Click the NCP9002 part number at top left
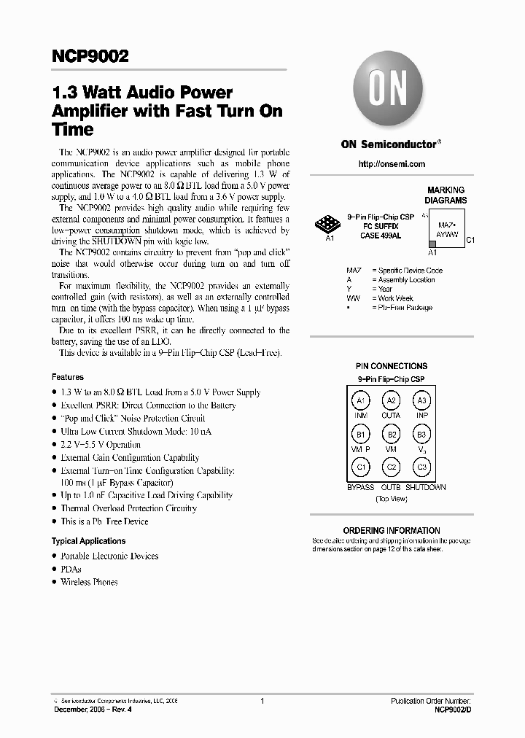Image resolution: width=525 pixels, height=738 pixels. point(90,56)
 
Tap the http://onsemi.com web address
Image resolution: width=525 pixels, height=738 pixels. point(392,164)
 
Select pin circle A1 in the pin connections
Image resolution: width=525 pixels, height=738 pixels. point(360,400)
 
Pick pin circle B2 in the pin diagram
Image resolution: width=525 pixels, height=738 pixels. point(392,435)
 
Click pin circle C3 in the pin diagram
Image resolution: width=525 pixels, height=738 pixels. point(421,467)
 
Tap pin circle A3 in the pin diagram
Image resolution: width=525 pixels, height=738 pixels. point(421,400)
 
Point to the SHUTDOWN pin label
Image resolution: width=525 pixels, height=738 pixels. point(426,487)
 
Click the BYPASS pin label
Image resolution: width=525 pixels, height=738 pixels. point(360,487)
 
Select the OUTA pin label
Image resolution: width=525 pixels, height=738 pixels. point(392,416)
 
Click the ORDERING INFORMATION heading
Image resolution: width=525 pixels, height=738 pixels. point(392,530)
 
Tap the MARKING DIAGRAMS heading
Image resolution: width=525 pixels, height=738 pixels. point(446,195)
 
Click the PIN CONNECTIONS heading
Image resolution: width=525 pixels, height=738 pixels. point(392,366)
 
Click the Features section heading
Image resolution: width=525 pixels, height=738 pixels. point(68,377)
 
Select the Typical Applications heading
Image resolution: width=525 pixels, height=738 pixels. point(88,541)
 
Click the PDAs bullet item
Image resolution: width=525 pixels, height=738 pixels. point(71,569)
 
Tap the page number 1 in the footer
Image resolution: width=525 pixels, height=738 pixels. point(262,701)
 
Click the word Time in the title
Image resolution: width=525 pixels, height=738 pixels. point(73,130)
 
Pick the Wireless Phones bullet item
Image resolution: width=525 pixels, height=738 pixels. point(89,582)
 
